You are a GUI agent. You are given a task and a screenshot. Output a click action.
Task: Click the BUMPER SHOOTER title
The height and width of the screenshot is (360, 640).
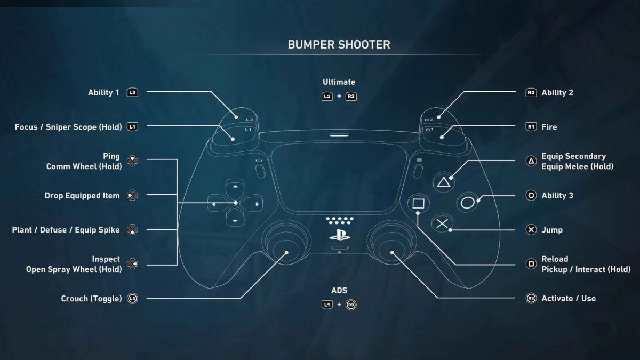click(x=339, y=44)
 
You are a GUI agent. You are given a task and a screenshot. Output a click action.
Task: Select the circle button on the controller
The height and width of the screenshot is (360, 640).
click(x=468, y=203)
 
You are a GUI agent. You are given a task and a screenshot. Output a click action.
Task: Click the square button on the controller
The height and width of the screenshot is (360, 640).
click(x=418, y=203)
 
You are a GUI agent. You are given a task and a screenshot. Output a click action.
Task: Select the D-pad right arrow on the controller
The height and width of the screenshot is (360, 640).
click(x=256, y=204)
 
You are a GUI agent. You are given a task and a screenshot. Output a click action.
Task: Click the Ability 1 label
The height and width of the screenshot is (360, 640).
click(x=103, y=92)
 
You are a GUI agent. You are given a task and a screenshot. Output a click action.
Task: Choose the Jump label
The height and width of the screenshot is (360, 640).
click(x=552, y=230)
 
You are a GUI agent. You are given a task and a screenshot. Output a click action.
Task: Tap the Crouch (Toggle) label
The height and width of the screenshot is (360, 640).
click(x=91, y=299)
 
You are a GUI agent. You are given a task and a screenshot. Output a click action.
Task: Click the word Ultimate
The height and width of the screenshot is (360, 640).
click(x=339, y=82)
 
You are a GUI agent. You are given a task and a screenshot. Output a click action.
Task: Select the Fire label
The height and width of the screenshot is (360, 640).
click(x=549, y=127)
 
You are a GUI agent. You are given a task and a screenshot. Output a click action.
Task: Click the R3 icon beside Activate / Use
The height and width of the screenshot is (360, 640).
click(x=531, y=299)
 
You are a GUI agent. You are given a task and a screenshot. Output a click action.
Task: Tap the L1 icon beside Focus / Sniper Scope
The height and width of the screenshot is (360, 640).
click(x=132, y=127)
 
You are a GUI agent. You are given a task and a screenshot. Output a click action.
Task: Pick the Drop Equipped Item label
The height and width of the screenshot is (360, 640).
click(x=82, y=196)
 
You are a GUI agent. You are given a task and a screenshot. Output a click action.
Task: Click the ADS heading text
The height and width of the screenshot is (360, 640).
click(x=339, y=291)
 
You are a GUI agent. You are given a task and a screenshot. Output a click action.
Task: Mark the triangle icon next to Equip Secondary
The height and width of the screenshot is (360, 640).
click(x=531, y=161)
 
